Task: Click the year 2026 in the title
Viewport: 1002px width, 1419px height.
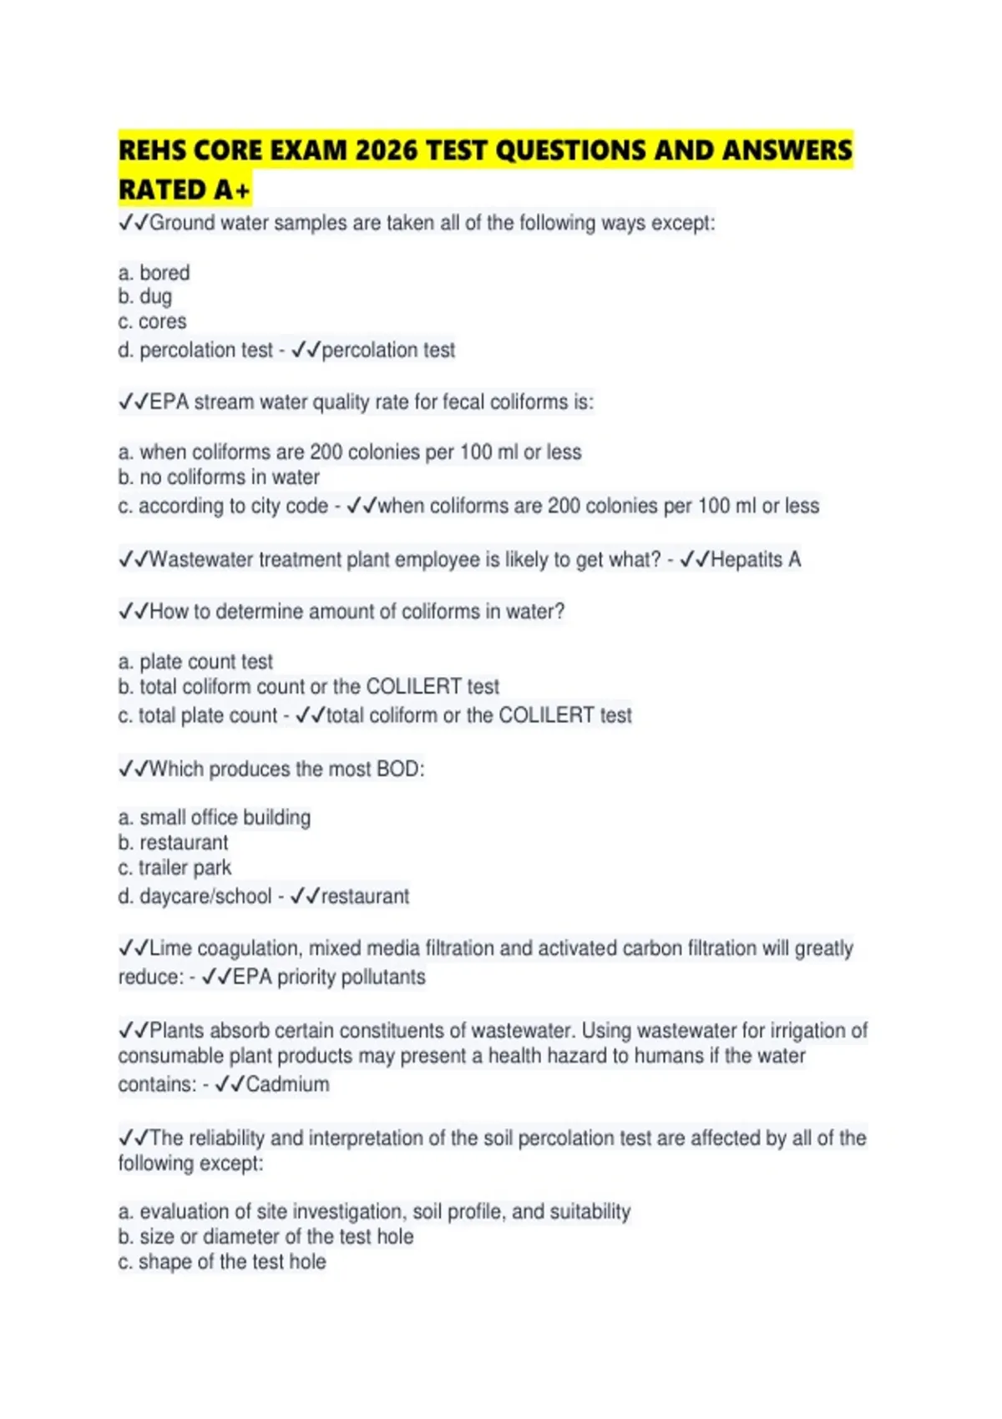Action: (387, 150)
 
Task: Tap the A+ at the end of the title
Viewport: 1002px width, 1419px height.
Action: (231, 190)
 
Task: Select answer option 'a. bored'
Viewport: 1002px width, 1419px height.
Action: (154, 273)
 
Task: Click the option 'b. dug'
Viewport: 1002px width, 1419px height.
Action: (145, 296)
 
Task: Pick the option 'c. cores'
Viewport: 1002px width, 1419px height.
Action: (152, 321)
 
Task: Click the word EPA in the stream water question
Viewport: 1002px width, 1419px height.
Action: (169, 401)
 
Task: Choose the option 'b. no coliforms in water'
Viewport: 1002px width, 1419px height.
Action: (219, 477)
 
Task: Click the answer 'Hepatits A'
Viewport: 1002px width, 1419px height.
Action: (755, 559)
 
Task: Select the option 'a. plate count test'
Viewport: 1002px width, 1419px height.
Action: (195, 662)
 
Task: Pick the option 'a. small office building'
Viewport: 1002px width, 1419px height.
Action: (214, 817)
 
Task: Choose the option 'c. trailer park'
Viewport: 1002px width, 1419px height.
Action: (175, 867)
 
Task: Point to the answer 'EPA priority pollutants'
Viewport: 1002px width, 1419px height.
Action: (328, 977)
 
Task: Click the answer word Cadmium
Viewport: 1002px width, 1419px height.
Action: (287, 1084)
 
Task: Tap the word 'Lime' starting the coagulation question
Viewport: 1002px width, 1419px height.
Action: (170, 948)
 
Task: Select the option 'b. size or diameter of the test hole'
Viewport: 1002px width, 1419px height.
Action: (266, 1236)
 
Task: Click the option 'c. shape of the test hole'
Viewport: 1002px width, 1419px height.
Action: (221, 1261)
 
